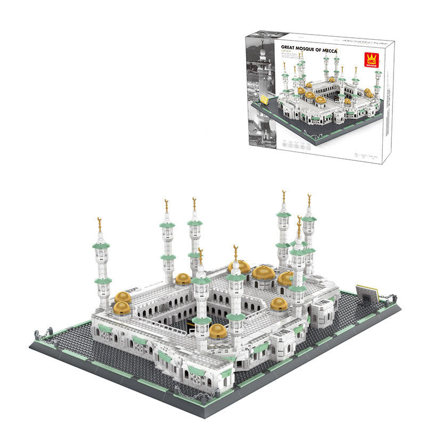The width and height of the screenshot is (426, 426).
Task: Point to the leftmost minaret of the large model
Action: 102,266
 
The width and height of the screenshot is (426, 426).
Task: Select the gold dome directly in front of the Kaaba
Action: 218,331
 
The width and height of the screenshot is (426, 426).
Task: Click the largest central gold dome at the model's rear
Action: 264,273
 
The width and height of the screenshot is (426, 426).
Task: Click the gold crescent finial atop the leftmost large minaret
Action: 99,224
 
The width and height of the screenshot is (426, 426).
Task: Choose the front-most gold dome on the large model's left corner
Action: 121,308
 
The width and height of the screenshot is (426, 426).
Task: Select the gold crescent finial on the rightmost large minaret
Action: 309,200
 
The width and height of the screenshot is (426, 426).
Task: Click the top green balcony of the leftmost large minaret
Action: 101,245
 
